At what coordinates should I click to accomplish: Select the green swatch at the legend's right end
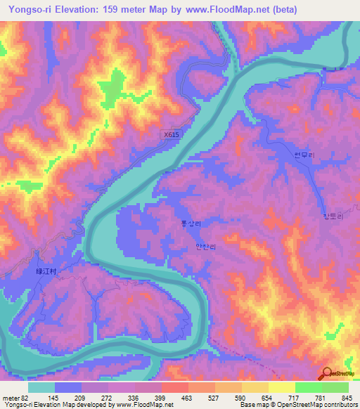[335, 387]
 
